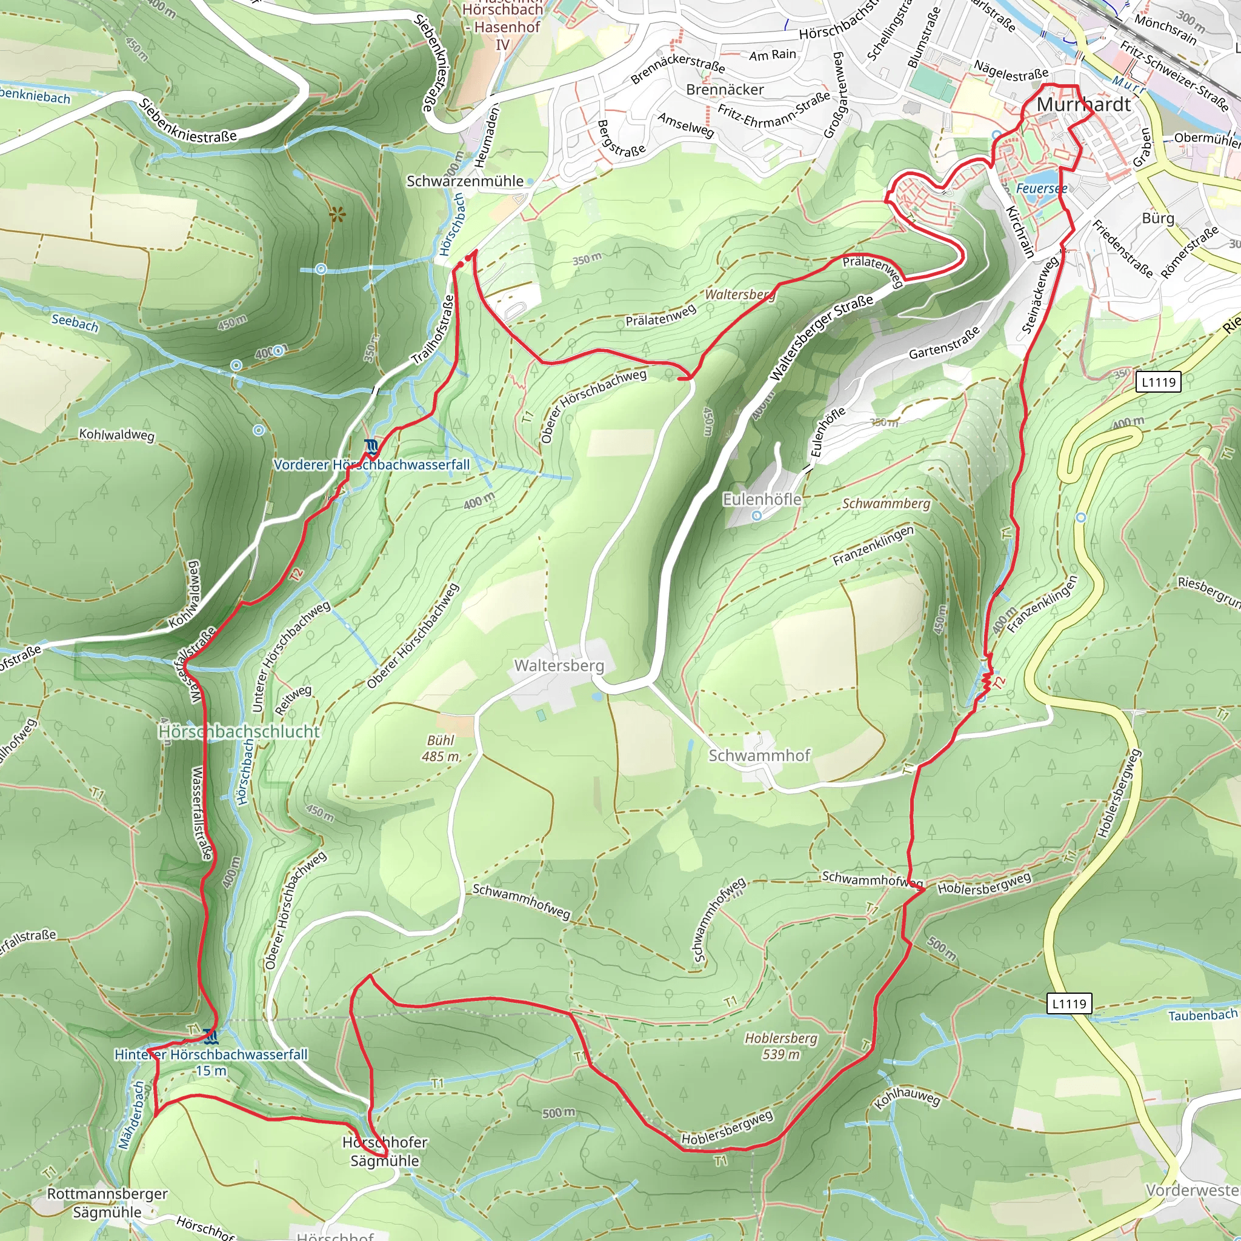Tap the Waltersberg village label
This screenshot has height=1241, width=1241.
[559, 665]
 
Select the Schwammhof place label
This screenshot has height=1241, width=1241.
[759, 756]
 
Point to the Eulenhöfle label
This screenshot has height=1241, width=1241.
[762, 499]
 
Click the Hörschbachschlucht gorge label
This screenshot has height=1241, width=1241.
[239, 731]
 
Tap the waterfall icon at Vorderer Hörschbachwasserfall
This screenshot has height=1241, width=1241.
[371, 447]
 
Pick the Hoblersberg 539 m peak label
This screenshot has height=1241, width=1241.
[781, 1046]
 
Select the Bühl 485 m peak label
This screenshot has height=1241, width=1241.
[441, 748]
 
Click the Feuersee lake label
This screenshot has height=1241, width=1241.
[1041, 188]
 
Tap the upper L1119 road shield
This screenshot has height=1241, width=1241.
[1158, 382]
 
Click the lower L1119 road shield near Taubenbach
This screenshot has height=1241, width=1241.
[1069, 1003]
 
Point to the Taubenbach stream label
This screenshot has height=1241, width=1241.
[1202, 1016]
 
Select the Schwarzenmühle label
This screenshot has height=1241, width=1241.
[465, 181]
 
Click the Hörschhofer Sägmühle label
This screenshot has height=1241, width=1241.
[385, 1151]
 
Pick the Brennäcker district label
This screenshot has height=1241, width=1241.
[725, 89]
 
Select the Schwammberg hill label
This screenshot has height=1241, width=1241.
[886, 504]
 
